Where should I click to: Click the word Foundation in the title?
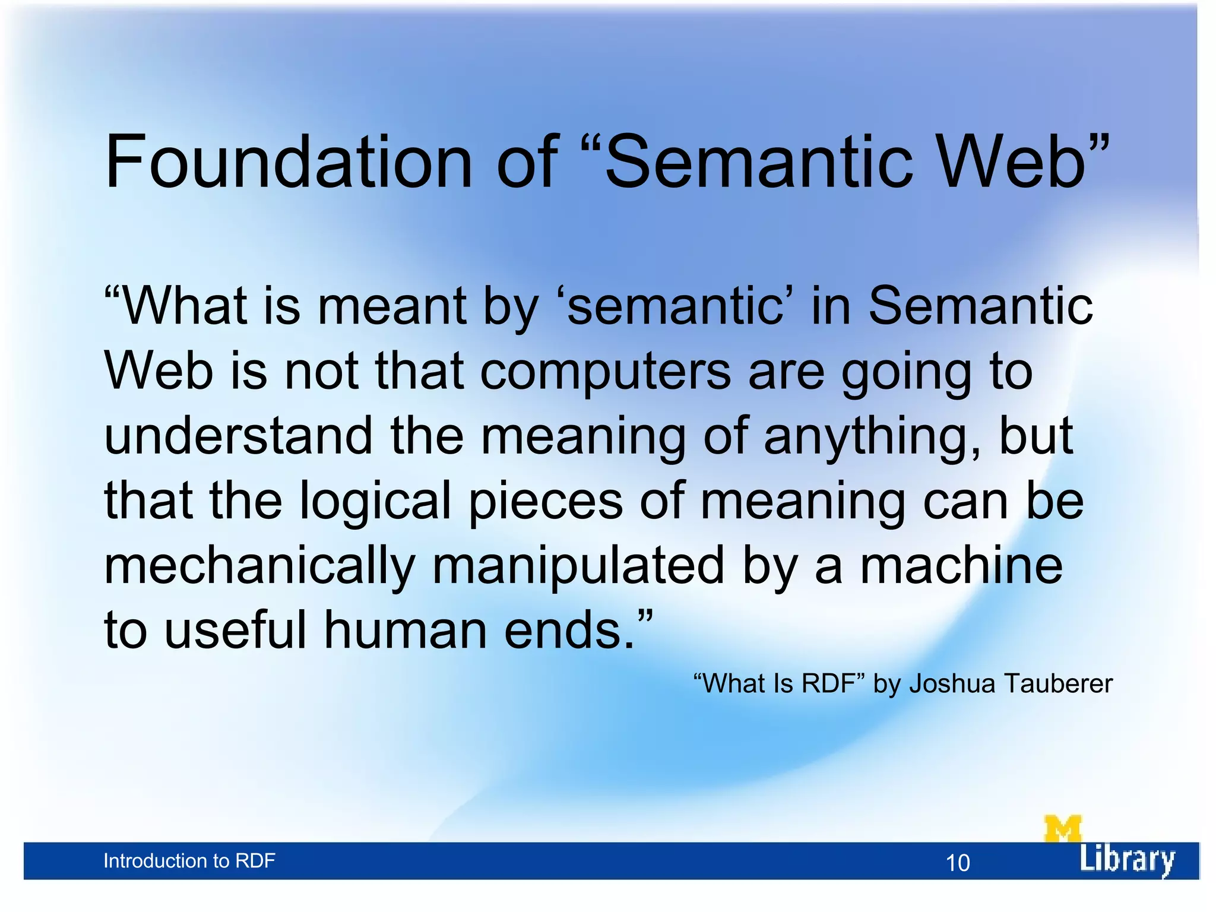[288, 161]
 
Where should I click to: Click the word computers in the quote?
[605, 372]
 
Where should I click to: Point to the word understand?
[238, 436]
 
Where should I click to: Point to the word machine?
[961, 565]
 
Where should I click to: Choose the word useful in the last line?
[235, 630]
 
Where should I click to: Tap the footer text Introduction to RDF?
[189, 861]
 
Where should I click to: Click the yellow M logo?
[1062, 829]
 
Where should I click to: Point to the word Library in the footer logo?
[1126, 860]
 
